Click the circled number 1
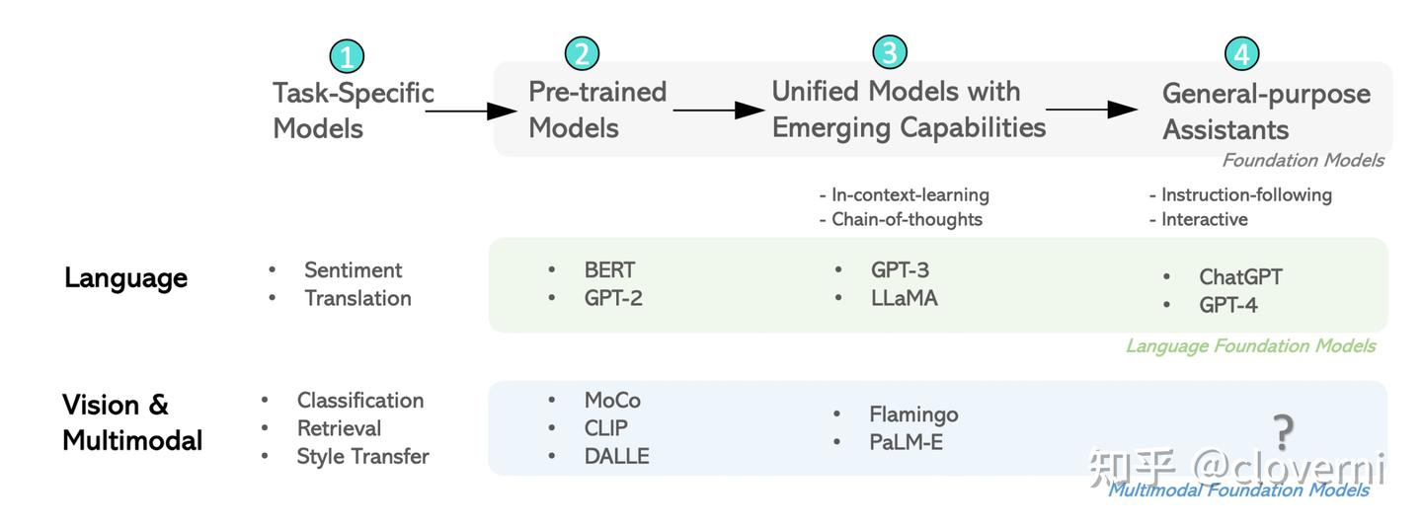tap(346, 56)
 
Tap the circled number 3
tap(889, 52)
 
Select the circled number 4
tap(1241, 53)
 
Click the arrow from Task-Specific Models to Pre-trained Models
tap(471, 112)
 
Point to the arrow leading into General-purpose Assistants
tap(1092, 110)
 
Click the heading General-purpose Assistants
tap(1266, 112)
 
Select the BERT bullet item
tap(609, 269)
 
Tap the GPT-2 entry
tap(613, 297)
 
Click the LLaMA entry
tap(904, 297)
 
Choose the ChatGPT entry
tap(1240, 277)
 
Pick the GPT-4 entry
tap(1228, 305)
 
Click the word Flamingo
tap(913, 414)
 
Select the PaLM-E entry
tap(906, 442)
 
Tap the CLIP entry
tap(605, 428)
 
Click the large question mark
tap(1283, 431)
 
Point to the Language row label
tap(125, 278)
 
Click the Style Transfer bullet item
tap(362, 456)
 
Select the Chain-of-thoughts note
tap(906, 219)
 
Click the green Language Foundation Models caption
tap(1250, 345)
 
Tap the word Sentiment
tap(353, 270)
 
